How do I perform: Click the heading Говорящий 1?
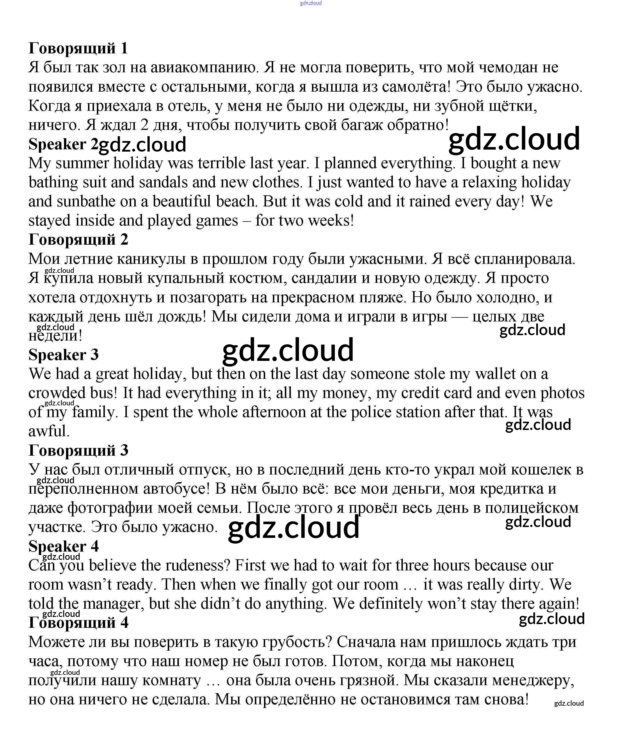(78, 48)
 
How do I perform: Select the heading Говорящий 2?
(78, 240)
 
